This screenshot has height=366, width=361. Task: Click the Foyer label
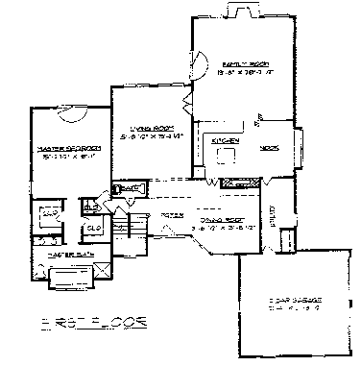click(x=172, y=213)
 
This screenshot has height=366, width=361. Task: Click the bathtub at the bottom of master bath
click(x=64, y=280)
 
